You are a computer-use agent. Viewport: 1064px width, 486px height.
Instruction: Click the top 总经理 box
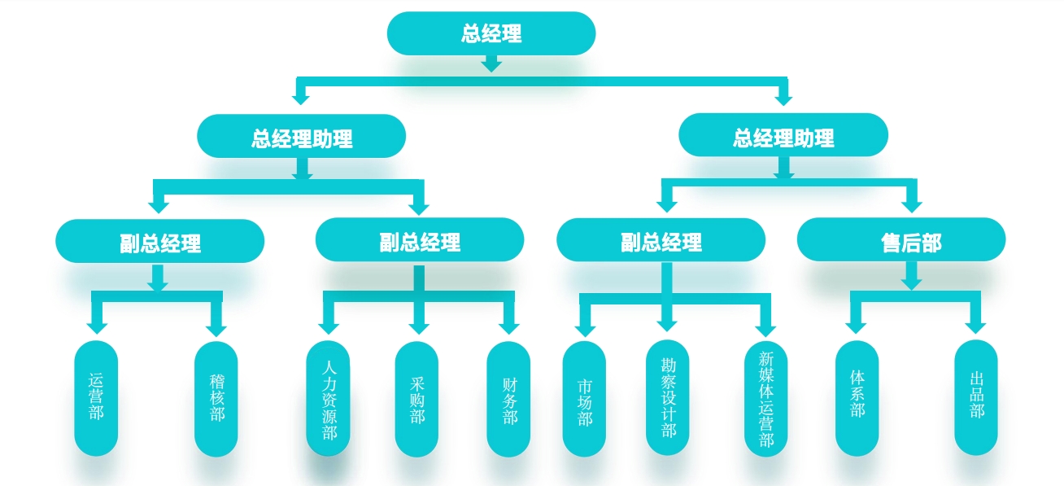(491, 34)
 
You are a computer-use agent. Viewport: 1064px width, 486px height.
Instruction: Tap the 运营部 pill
(96, 398)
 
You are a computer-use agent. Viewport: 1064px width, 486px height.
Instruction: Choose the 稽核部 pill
(216, 398)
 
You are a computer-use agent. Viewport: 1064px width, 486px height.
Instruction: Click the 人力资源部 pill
(329, 398)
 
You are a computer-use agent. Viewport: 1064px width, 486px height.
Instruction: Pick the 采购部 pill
(416, 398)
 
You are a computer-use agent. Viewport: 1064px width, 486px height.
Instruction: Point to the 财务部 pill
(508, 398)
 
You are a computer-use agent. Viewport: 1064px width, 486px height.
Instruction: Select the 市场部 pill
(584, 398)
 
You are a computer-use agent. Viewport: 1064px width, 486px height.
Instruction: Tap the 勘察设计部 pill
(668, 396)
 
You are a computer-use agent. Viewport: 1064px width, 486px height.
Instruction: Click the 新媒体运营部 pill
(765, 398)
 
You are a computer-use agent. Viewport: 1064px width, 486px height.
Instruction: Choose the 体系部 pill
(857, 398)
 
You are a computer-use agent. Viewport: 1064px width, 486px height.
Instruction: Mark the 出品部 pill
(976, 398)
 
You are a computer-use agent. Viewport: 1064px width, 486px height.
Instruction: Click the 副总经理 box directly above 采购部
(420, 241)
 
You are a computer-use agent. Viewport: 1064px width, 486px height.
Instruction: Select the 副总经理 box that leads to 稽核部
(160, 242)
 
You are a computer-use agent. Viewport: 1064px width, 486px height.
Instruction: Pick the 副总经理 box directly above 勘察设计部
(661, 241)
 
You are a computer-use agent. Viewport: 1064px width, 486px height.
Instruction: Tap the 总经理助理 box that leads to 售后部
(783, 136)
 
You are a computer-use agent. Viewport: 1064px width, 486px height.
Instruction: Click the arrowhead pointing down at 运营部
(97, 326)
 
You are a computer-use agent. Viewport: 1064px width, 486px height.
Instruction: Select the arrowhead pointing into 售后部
(911, 204)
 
